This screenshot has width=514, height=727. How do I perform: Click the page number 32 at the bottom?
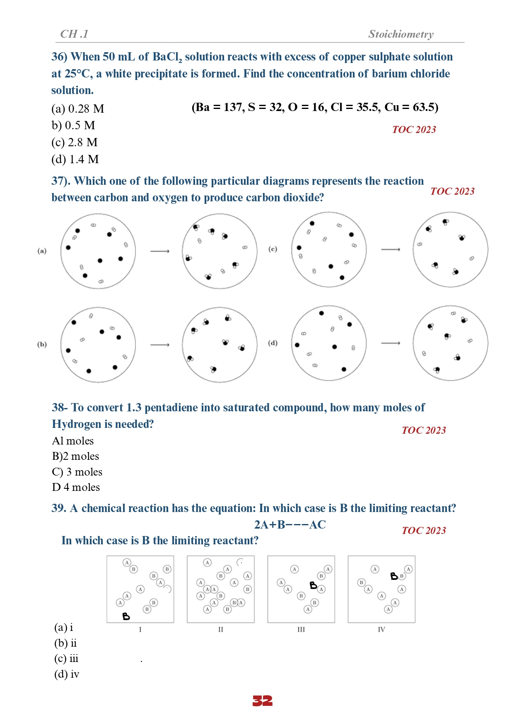click(263, 701)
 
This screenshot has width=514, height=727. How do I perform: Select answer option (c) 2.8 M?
click(75, 143)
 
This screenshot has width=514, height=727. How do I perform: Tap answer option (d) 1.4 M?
click(75, 159)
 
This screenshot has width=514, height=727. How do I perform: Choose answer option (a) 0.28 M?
click(78, 109)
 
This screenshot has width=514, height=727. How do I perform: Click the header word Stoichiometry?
click(401, 34)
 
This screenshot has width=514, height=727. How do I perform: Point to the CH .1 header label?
click(74, 34)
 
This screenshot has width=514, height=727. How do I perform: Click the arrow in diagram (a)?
click(160, 251)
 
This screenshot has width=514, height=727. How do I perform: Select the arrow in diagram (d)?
click(391, 343)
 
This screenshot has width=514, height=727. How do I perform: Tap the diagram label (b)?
click(42, 344)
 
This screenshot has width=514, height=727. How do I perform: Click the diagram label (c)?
click(273, 249)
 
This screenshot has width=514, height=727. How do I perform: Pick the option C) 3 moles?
click(77, 472)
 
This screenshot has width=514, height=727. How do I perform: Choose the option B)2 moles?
click(75, 456)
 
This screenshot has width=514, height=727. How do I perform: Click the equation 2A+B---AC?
click(290, 525)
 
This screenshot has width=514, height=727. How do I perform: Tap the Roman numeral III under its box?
click(301, 630)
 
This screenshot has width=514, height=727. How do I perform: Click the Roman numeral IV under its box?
click(381, 630)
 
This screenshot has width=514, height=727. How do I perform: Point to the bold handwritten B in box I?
click(126, 616)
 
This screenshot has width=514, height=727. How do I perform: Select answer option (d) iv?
click(67, 674)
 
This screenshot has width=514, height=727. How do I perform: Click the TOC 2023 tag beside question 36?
click(414, 130)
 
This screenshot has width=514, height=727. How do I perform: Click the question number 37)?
click(61, 181)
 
